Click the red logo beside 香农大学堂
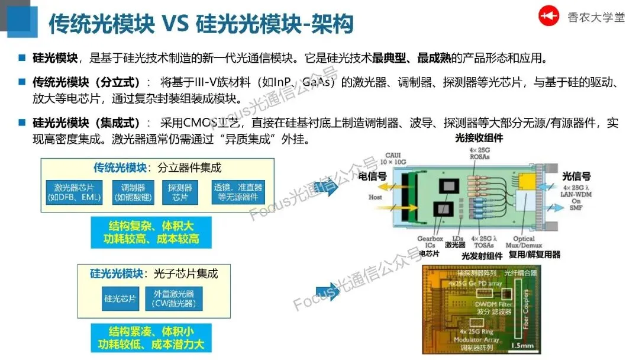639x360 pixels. pyautogui.click(x=548, y=17)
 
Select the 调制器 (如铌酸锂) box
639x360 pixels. pyautogui.click(x=133, y=192)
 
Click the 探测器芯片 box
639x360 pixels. pyautogui.click(x=180, y=192)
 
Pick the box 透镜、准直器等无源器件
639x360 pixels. pyautogui.click(x=238, y=192)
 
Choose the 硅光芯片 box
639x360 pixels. pyautogui.click(x=120, y=298)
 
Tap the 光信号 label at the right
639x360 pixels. pyautogui.click(x=577, y=176)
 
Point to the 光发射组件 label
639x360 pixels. pyautogui.click(x=482, y=256)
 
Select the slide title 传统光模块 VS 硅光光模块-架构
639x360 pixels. pyautogui.click(x=201, y=24)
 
